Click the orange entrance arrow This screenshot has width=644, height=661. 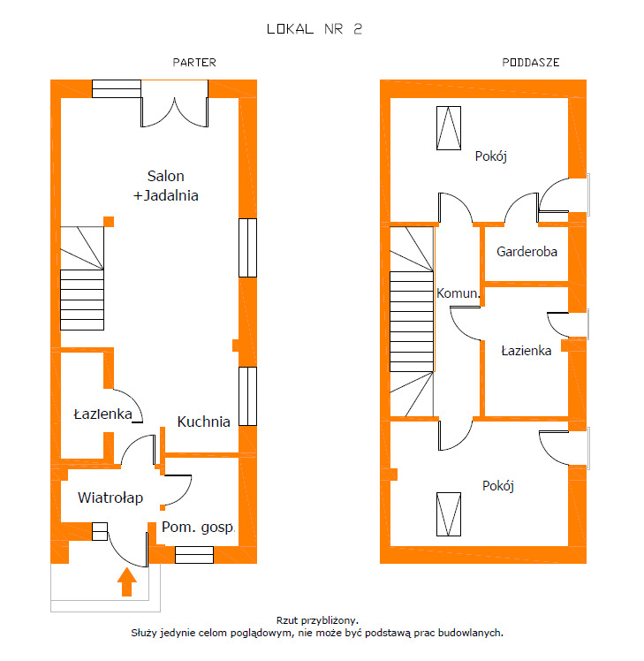pyautogui.click(x=126, y=581)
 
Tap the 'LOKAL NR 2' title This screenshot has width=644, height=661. pyautogui.click(x=314, y=29)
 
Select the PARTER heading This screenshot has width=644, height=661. pyautogui.click(x=194, y=63)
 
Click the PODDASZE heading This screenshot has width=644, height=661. pyautogui.click(x=531, y=63)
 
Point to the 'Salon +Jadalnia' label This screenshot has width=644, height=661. pyautogui.click(x=165, y=186)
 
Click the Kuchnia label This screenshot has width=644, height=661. pyautogui.click(x=203, y=422)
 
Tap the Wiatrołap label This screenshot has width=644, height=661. pyautogui.click(x=110, y=498)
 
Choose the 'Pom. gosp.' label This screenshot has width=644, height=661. pyautogui.click(x=198, y=528)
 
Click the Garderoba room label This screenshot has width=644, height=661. pyautogui.click(x=527, y=252)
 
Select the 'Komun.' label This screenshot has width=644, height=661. pyautogui.click(x=458, y=293)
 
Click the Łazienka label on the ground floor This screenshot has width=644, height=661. pyautogui.click(x=102, y=414)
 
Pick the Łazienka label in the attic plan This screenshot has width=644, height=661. pyautogui.click(x=527, y=351)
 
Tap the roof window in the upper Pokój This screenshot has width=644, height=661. pyautogui.click(x=449, y=128)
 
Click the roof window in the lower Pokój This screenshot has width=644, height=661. pyautogui.click(x=449, y=514)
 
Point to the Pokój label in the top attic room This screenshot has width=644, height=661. pyautogui.click(x=490, y=156)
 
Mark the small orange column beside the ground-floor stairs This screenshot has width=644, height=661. pyautogui.click(x=109, y=222)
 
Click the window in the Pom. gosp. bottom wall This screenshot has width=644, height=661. pyautogui.click(x=194, y=555)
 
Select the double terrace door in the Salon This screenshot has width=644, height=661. pyautogui.click(x=175, y=103)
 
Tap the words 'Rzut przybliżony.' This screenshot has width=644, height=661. pyautogui.click(x=317, y=620)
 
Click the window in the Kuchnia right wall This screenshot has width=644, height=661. pyautogui.click(x=248, y=396)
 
